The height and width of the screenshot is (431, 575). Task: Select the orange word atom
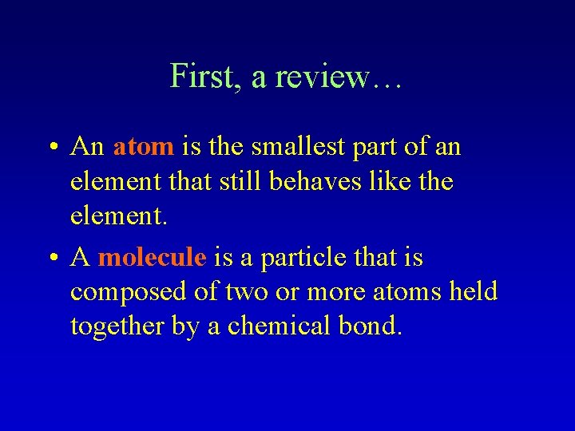point(144,147)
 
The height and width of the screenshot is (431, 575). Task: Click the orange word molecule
point(153,258)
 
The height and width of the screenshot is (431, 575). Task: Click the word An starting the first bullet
point(87,147)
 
